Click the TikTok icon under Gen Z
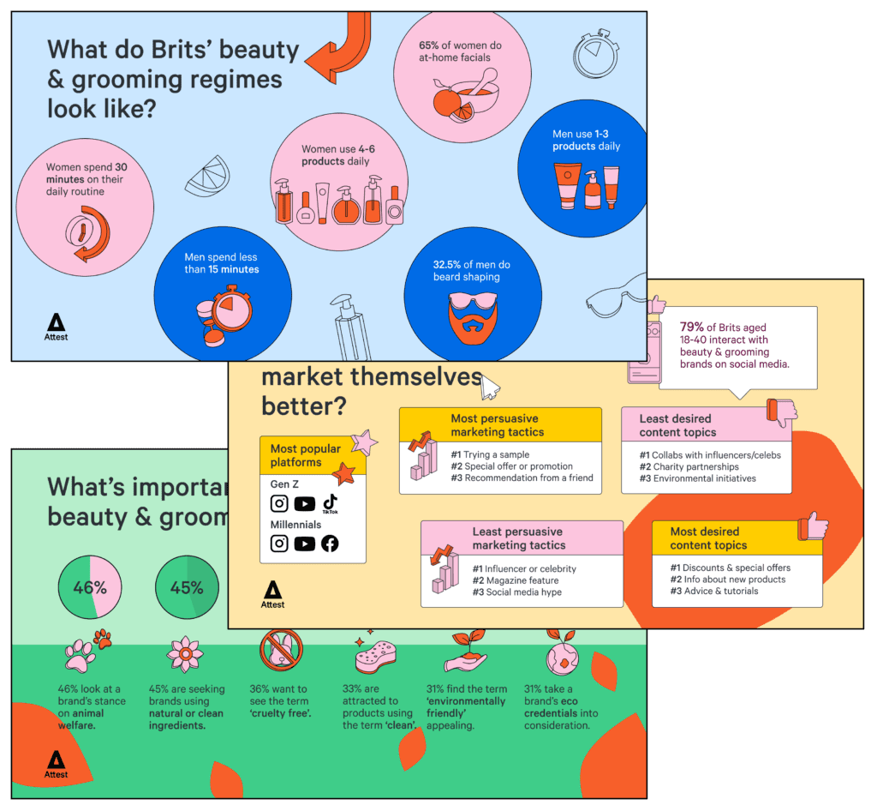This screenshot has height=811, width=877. click(330, 503)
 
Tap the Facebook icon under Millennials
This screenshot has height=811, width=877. click(330, 544)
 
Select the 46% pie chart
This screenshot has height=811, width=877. click(89, 588)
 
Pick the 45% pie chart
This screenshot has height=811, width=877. click(187, 588)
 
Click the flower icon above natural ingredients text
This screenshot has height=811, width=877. click(185, 654)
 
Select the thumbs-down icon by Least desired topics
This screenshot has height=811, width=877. click(782, 412)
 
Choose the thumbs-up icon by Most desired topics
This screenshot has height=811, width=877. click(812, 526)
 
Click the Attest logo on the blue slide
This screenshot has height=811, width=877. click(57, 327)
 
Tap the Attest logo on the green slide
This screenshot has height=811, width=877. click(57, 764)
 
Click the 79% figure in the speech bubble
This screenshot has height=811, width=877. click(692, 327)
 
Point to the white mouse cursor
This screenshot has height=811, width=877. click(489, 387)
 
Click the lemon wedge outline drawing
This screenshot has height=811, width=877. click(208, 175)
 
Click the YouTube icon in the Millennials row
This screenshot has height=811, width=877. click(304, 544)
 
